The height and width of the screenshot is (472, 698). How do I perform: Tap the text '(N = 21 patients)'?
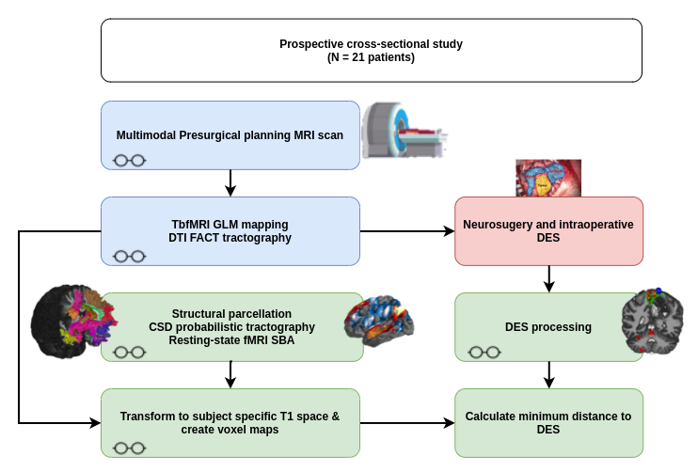372,57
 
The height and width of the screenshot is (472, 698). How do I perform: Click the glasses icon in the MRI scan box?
129,160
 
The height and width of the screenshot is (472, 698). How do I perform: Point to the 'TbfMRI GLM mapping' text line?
230,224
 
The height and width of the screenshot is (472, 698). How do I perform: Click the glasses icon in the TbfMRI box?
129,256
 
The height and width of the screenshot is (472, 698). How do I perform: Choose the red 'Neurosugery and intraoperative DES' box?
548,230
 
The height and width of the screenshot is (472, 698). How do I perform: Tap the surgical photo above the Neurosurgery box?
547,179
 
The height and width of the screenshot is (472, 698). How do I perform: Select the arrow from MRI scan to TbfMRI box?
230,182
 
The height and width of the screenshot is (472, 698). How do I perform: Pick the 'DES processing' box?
548,327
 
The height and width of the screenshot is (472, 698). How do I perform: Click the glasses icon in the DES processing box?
484,352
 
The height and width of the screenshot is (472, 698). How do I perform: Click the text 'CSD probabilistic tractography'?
231,326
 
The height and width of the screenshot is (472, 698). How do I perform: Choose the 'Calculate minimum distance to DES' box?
548,423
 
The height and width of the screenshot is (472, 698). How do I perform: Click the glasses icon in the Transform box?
129,448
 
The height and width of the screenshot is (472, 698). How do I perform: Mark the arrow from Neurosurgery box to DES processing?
548,278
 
